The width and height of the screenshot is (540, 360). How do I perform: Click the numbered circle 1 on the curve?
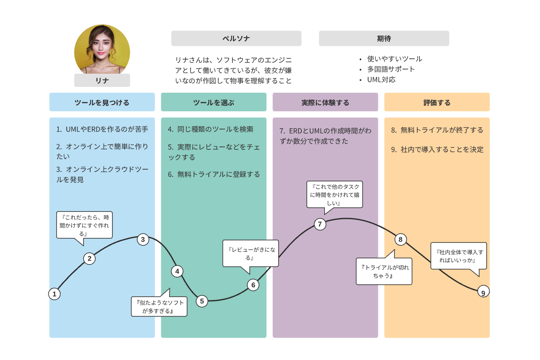[x=54, y=294]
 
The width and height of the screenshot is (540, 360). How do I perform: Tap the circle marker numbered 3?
[x=143, y=239]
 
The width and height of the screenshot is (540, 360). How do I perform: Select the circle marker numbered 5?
[x=202, y=301]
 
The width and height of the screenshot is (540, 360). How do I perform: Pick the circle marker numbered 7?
[x=320, y=224]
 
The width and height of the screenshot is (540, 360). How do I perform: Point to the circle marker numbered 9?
[x=483, y=292]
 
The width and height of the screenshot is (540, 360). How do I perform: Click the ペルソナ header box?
[x=236, y=38]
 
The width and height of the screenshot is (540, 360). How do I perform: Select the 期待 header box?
[x=384, y=38]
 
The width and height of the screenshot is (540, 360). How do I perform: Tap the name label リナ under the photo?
[x=102, y=81]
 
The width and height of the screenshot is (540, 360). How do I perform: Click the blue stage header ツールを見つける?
[x=102, y=102]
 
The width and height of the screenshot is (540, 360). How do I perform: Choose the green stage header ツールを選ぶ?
[x=213, y=102]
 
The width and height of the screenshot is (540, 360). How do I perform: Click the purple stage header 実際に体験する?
[x=325, y=102]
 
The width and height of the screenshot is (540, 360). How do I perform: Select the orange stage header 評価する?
[x=437, y=102]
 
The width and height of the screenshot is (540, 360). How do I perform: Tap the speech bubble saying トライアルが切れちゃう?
[x=384, y=271]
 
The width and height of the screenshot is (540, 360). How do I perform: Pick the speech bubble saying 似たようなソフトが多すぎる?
[x=159, y=307]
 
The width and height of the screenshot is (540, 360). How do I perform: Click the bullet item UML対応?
[x=381, y=79]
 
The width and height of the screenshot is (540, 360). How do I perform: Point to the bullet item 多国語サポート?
[x=391, y=69]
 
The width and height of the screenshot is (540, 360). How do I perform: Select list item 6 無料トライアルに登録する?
[x=214, y=174]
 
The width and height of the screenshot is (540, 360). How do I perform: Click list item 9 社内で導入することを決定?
[x=437, y=149]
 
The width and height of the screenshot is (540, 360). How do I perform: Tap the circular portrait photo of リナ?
[x=102, y=50]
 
